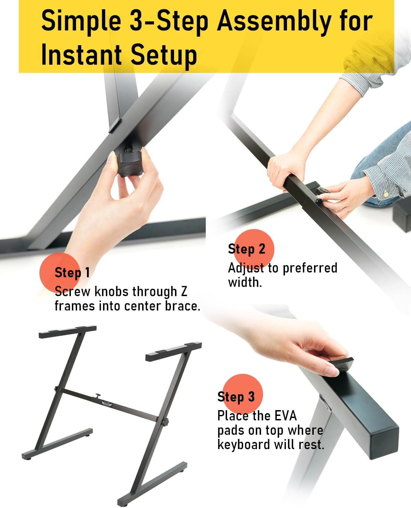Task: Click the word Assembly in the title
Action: point(273,22)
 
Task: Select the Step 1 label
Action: point(72,272)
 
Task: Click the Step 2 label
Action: point(247,249)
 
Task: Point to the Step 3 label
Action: point(236,396)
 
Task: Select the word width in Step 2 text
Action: point(245,282)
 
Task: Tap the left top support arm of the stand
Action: point(67,331)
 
